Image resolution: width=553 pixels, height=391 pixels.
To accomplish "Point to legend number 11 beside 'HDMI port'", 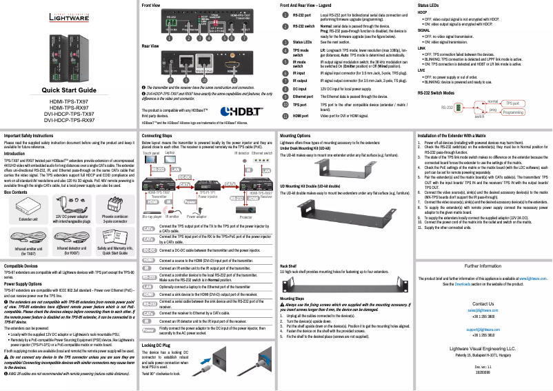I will (286, 116).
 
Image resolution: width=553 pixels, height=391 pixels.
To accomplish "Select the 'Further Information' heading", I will (482, 265).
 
